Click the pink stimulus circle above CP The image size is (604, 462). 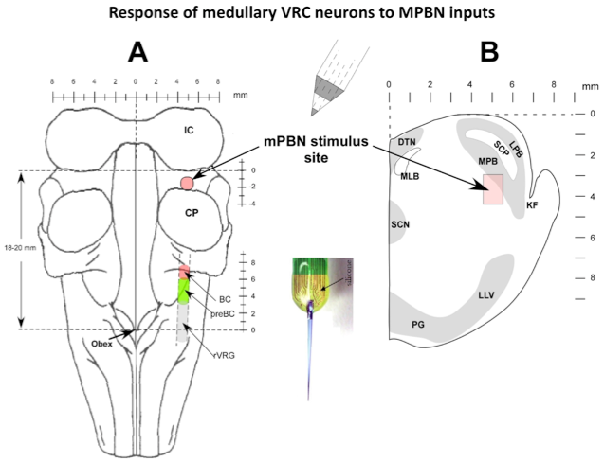coord(187,182)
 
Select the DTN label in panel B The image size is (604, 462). coord(407,142)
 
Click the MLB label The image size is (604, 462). coord(411,176)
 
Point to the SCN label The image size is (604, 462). coord(400,225)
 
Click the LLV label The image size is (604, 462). coord(486,295)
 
